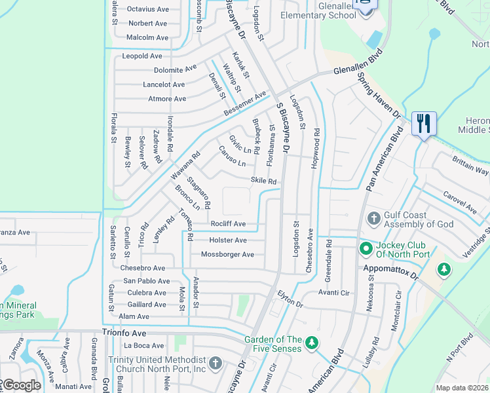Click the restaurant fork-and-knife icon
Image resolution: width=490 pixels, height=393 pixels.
(423, 122)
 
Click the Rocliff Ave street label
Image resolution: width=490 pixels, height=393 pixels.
(228, 224)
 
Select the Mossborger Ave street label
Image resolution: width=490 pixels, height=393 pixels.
(227, 254)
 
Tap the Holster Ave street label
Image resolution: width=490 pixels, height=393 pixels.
(227, 240)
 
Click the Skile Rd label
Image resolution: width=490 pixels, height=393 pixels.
(263, 181)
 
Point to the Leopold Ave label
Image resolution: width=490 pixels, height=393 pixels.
(142, 56)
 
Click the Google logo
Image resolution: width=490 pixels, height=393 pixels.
(22, 385)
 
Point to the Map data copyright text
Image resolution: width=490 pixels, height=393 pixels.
(462, 388)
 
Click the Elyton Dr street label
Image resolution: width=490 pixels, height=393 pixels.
(290, 299)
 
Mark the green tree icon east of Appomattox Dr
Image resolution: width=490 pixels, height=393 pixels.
(444, 269)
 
